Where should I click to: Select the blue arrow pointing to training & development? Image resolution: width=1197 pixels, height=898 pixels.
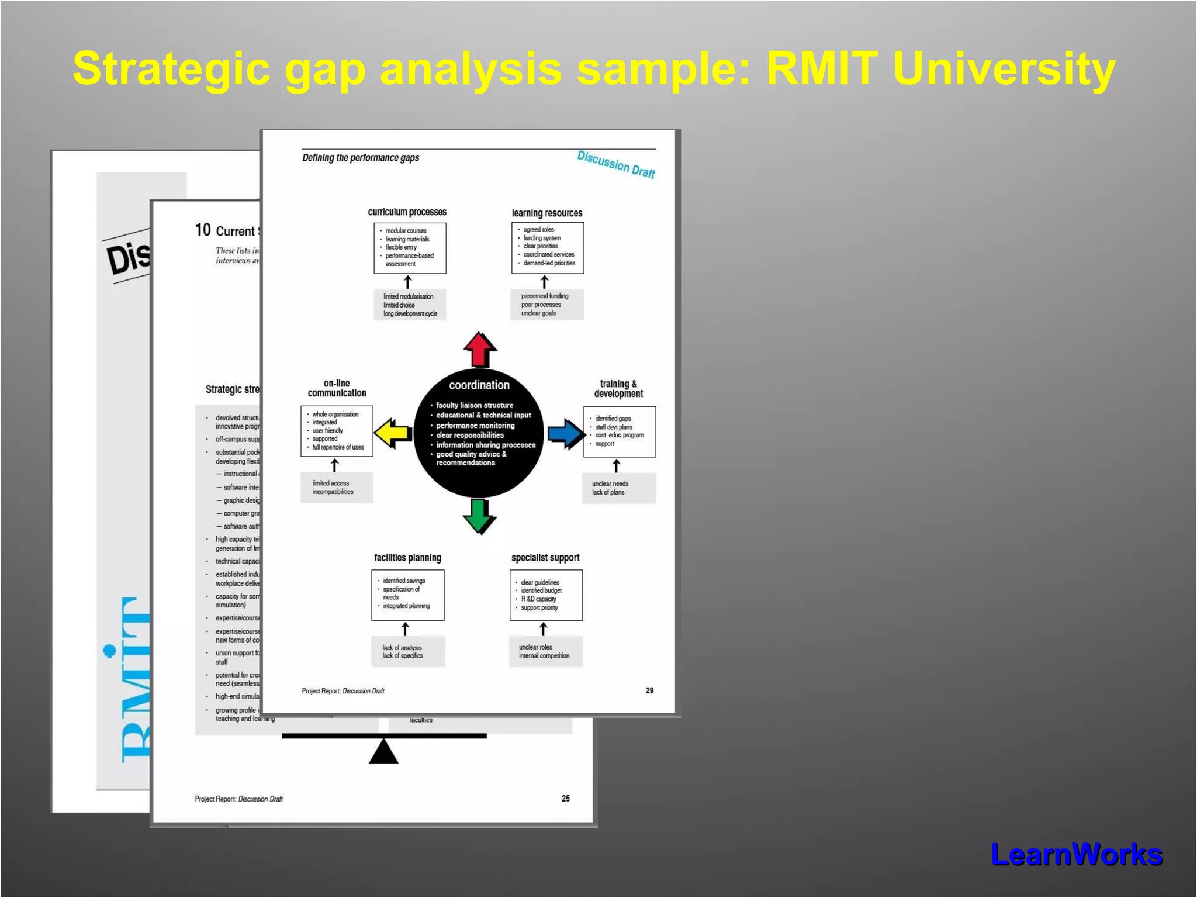click(x=566, y=434)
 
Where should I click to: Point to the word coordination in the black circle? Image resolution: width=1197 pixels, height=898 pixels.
click(x=479, y=385)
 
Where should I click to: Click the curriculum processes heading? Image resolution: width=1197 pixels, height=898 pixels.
click(x=407, y=212)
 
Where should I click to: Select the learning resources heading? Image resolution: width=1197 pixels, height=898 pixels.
click(x=547, y=213)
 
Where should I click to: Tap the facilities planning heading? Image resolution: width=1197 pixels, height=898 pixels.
click(x=407, y=558)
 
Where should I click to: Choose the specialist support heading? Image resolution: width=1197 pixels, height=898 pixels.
click(x=545, y=558)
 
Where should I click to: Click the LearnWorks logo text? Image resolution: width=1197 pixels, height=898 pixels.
click(x=1077, y=855)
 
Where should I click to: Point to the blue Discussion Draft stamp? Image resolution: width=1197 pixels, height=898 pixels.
click(x=616, y=164)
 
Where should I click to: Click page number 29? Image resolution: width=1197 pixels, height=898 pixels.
click(x=649, y=690)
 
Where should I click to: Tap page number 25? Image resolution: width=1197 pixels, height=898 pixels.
click(x=565, y=798)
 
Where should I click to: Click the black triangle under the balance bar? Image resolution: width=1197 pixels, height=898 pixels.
click(x=383, y=752)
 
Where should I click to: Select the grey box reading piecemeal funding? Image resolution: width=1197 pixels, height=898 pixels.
click(x=548, y=305)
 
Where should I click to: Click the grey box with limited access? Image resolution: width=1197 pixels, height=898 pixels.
click(x=337, y=488)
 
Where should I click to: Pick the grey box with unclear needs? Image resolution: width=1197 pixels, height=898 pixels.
click(x=619, y=488)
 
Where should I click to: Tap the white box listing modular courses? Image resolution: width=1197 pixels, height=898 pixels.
click(x=410, y=247)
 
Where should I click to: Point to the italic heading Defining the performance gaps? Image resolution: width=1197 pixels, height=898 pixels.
click(x=361, y=158)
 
